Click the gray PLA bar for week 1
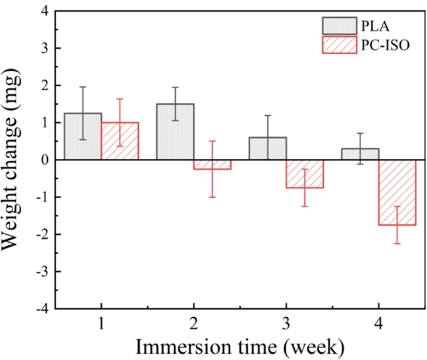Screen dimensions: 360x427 pyautogui.click(x=82, y=137)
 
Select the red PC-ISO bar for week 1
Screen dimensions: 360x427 pyautogui.click(x=120, y=141)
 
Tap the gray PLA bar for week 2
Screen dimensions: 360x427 pyautogui.click(x=175, y=132)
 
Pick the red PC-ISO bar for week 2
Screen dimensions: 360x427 pyautogui.click(x=212, y=165)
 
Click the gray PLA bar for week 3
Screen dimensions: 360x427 pyautogui.click(x=267, y=148)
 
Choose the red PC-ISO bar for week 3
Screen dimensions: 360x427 pyautogui.click(x=305, y=173)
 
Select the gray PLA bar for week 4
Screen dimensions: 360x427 pyautogui.click(x=360, y=154)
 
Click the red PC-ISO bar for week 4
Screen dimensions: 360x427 pyautogui.click(x=397, y=192)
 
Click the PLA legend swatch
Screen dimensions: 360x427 pyautogui.click(x=339, y=26)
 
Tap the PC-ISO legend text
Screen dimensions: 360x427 pyautogui.click(x=385, y=44)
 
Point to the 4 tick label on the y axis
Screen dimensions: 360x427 pyautogui.click(x=44, y=11)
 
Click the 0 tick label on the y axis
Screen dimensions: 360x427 pyautogui.click(x=44, y=160)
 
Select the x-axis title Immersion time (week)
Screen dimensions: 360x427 pyautogui.click(x=240, y=345)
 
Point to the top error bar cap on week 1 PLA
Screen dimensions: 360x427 pyautogui.click(x=82, y=87)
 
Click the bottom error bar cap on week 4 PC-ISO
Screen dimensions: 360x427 pyautogui.click(x=397, y=243)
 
